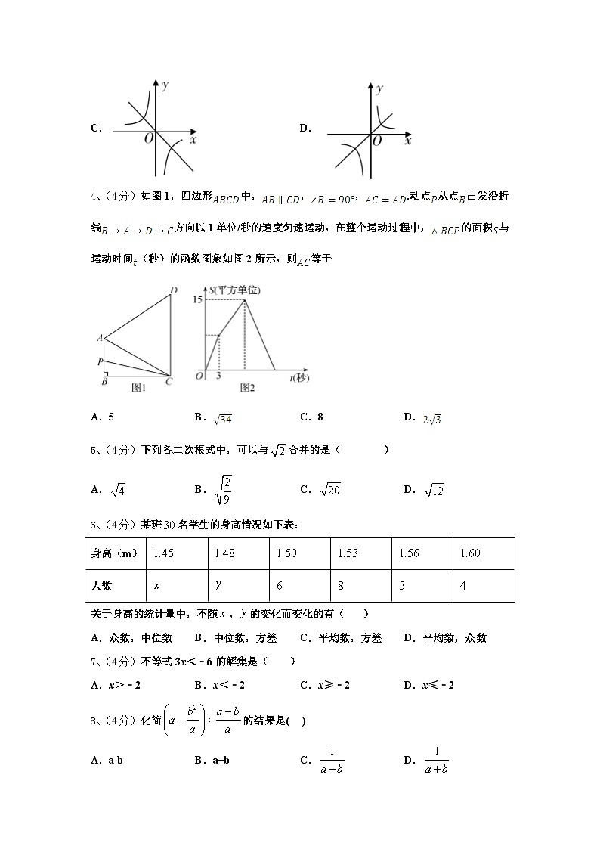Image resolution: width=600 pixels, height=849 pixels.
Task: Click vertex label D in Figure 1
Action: pyautogui.click(x=173, y=290)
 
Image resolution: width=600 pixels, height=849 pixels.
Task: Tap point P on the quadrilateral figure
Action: pyautogui.click(x=100, y=361)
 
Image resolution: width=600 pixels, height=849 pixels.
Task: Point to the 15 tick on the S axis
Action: pyautogui.click(x=198, y=300)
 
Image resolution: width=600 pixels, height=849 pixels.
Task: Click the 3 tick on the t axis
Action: pyautogui.click(x=219, y=376)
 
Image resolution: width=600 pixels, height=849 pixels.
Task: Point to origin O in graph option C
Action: pyautogui.click(x=148, y=138)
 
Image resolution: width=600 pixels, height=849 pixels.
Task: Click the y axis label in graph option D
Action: pyautogui.click(x=380, y=89)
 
